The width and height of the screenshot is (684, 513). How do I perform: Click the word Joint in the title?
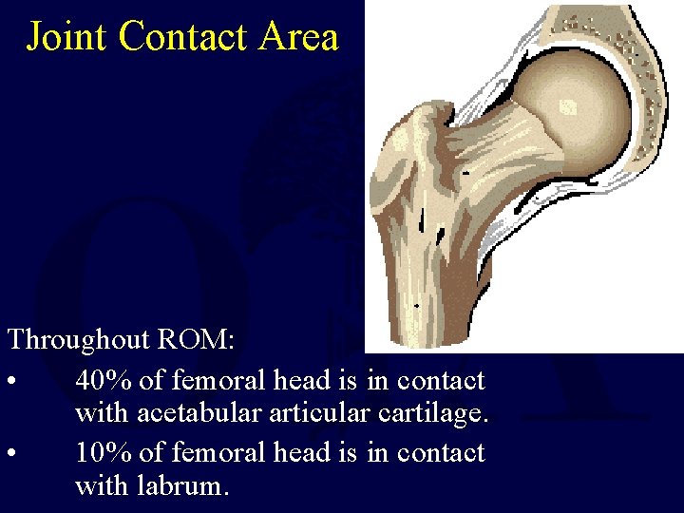click(68, 37)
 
